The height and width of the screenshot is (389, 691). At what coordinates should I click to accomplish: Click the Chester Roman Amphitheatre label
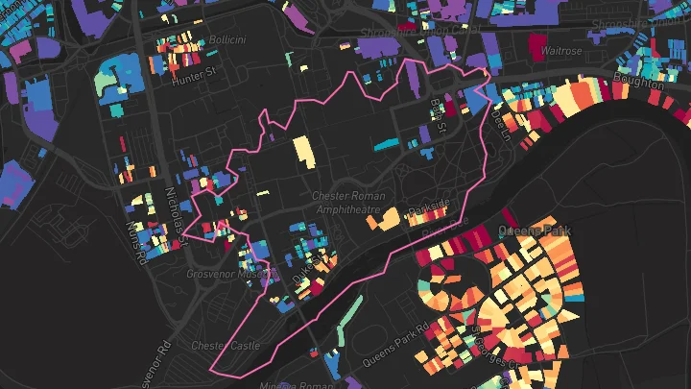point(346,203)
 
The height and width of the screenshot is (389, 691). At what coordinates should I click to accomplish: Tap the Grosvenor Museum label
point(224,274)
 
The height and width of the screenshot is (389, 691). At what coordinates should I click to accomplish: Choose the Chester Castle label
point(220,345)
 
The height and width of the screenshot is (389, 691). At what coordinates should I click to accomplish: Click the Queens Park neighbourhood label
point(534,231)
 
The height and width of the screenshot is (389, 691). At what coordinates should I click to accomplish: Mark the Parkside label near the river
point(428,205)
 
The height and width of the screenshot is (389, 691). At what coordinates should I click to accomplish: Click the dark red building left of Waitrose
point(535,44)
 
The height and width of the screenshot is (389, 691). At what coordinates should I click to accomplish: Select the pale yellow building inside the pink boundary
point(302,152)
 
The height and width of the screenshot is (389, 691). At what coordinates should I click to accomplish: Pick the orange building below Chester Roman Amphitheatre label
point(383,222)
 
